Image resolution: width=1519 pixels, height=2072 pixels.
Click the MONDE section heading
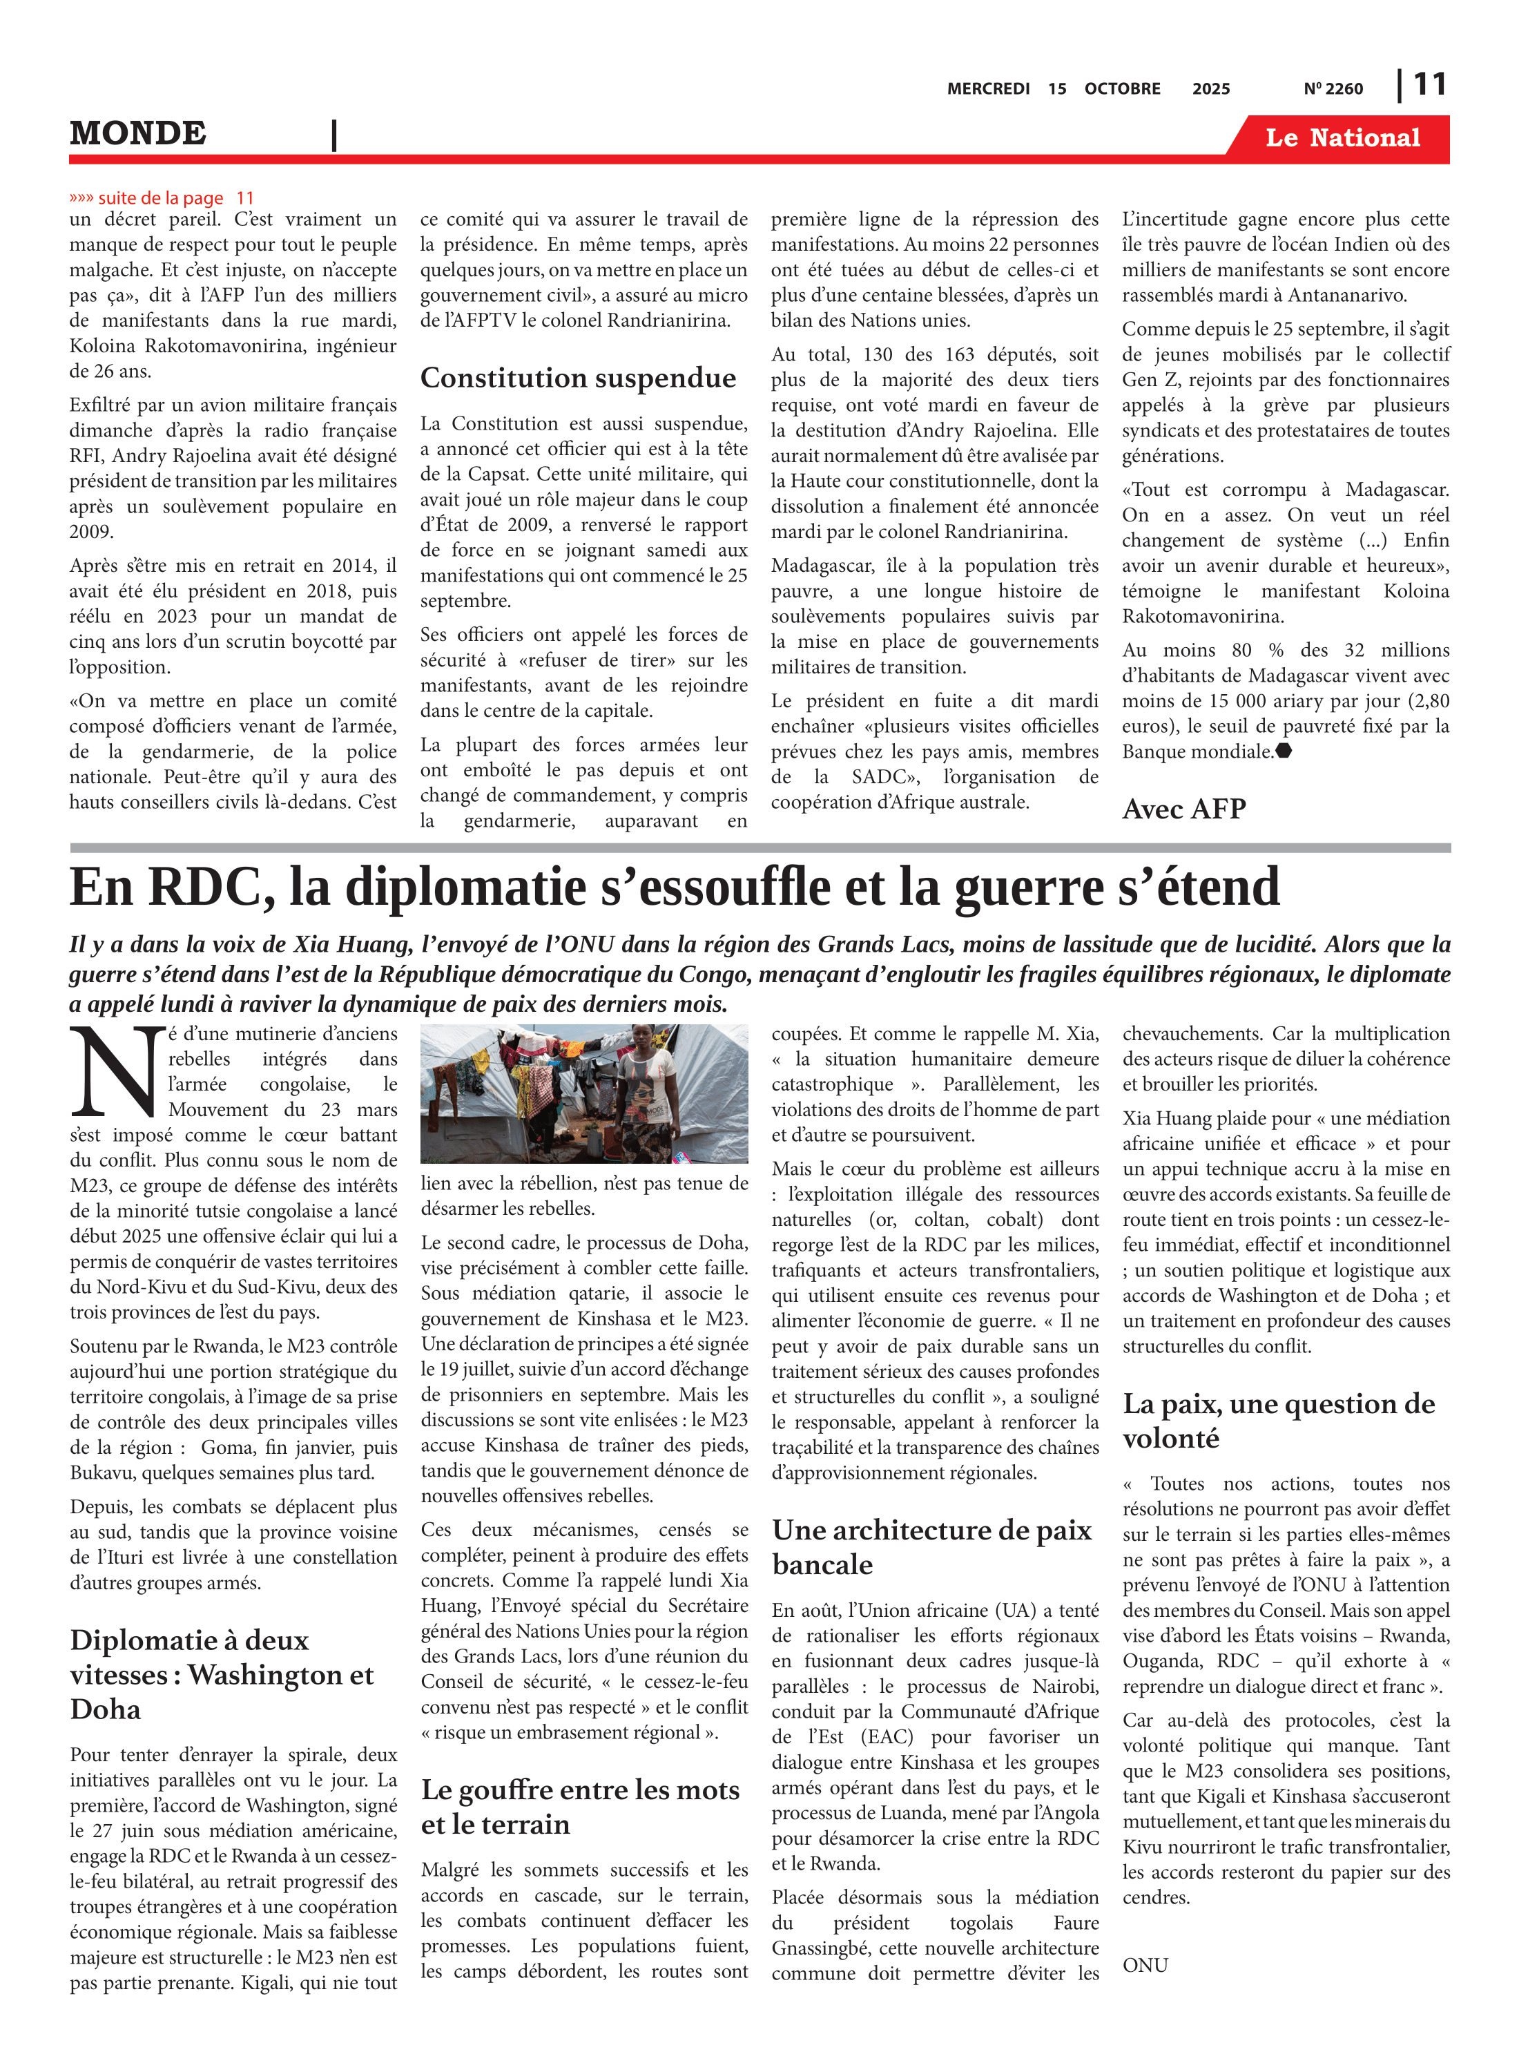(138, 133)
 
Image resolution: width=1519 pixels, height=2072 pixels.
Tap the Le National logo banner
(1342, 138)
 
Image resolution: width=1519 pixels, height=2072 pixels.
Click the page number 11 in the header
(1429, 85)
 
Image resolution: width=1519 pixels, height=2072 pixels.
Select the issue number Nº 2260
(1333, 89)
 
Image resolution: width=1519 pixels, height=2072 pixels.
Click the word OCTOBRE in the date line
(1122, 89)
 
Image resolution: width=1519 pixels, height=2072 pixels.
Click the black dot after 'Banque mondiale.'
(1284, 751)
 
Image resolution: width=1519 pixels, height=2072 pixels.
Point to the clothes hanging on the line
(515, 1067)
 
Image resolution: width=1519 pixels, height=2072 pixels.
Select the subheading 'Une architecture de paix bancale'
(931, 1546)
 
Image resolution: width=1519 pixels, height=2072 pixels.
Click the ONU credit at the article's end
(1145, 1966)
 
